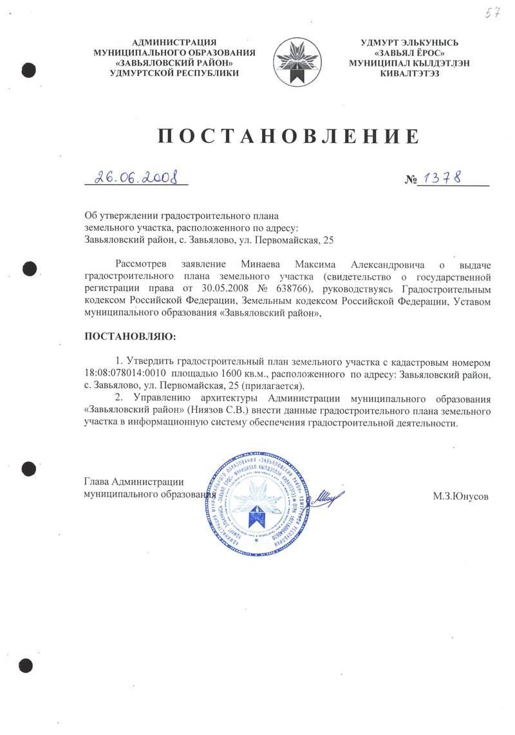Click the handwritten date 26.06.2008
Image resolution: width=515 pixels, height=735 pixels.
click(136, 177)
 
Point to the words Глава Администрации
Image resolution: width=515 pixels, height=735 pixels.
click(135, 481)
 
